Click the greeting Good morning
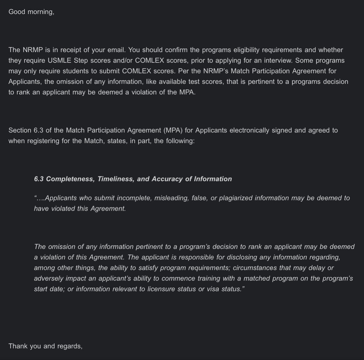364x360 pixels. coord(31,12)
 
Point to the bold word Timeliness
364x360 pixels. coord(115,179)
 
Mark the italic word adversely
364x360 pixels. coord(49,278)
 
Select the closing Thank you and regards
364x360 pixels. coord(45,346)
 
